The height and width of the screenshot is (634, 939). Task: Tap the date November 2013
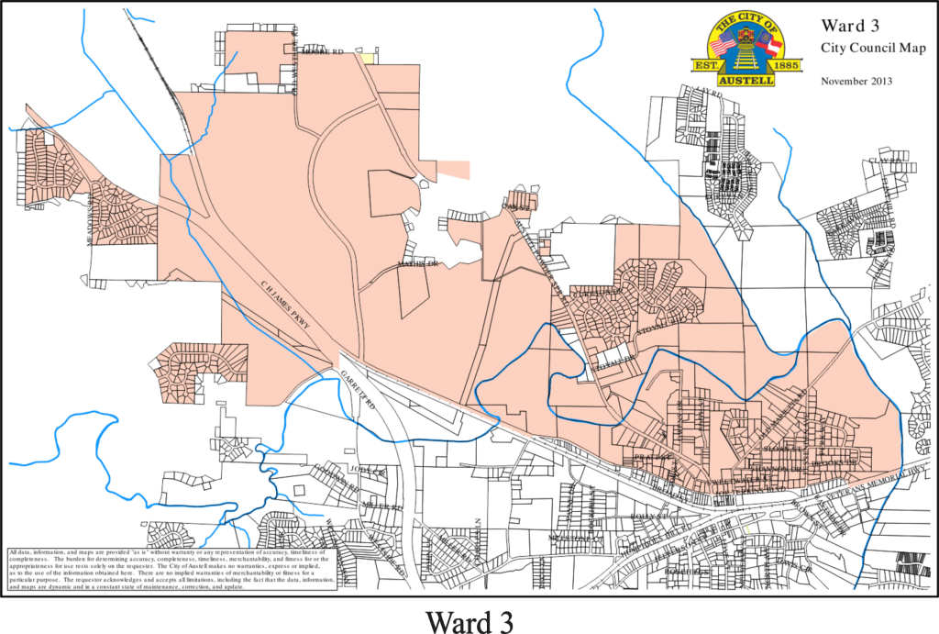click(856, 81)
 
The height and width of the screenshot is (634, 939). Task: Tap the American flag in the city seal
click(723, 43)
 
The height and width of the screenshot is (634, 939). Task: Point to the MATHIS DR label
click(419, 265)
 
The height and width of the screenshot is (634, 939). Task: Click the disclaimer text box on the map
click(171, 568)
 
